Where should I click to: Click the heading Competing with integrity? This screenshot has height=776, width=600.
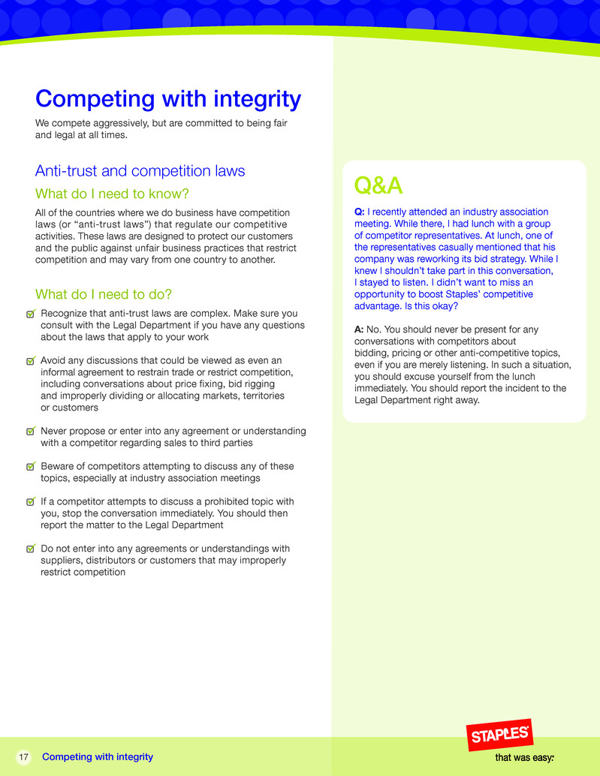168,99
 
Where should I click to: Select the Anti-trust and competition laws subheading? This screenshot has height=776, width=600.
140,171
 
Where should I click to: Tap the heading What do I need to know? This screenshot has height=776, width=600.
111,194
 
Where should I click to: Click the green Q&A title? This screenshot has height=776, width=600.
378,185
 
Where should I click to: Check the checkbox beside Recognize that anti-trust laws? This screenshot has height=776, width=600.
30,314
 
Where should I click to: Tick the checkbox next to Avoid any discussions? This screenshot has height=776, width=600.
30,361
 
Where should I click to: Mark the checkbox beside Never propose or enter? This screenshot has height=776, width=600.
30,432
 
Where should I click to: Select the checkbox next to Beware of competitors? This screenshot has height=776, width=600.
30,467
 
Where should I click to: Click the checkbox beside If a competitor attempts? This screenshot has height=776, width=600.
30,502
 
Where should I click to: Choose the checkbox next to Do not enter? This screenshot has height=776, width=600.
30,549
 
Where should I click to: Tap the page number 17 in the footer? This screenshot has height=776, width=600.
23,757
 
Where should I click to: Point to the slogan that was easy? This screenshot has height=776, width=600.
524,758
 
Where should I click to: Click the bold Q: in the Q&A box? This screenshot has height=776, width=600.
360,212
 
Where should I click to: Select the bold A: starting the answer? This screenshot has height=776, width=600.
359,329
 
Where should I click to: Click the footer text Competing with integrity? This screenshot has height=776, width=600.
98,757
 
